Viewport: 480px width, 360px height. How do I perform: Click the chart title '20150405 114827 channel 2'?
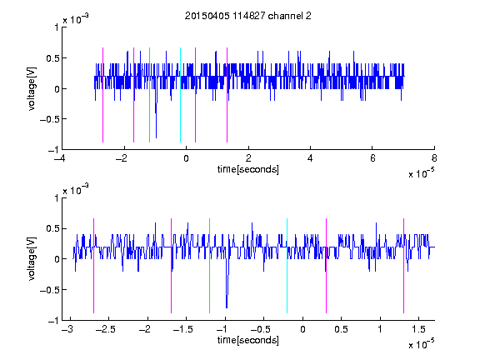click(248, 16)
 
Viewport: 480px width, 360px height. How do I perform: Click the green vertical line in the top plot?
click(149, 95)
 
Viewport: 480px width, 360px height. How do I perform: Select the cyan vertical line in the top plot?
click(180, 95)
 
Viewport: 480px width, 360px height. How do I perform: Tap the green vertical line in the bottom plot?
click(209, 266)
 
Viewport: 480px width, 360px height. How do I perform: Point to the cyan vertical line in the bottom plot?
click(287, 266)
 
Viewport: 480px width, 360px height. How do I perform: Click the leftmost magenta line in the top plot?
click(102, 95)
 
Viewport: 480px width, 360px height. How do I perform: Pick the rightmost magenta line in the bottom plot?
click(403, 266)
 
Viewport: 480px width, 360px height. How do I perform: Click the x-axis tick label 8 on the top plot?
click(434, 158)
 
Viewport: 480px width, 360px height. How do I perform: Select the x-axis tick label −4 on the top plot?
click(60, 158)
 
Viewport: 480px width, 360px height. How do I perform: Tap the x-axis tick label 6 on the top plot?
click(372, 158)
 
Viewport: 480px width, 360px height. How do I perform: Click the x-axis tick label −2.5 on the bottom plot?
click(105, 329)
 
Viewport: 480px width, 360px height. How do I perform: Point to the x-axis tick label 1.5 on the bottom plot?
click(418, 329)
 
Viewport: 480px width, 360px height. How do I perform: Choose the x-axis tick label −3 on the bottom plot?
click(67, 329)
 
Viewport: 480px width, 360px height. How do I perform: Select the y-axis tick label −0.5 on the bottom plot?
click(49, 290)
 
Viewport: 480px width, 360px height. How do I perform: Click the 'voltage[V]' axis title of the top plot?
click(32, 89)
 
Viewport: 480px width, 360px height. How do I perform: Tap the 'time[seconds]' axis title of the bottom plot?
click(248, 340)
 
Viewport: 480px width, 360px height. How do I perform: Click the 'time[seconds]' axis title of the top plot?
click(248, 169)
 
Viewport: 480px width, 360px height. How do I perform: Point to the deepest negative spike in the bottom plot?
click(227, 306)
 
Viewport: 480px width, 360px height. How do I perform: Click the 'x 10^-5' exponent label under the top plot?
click(421, 173)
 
